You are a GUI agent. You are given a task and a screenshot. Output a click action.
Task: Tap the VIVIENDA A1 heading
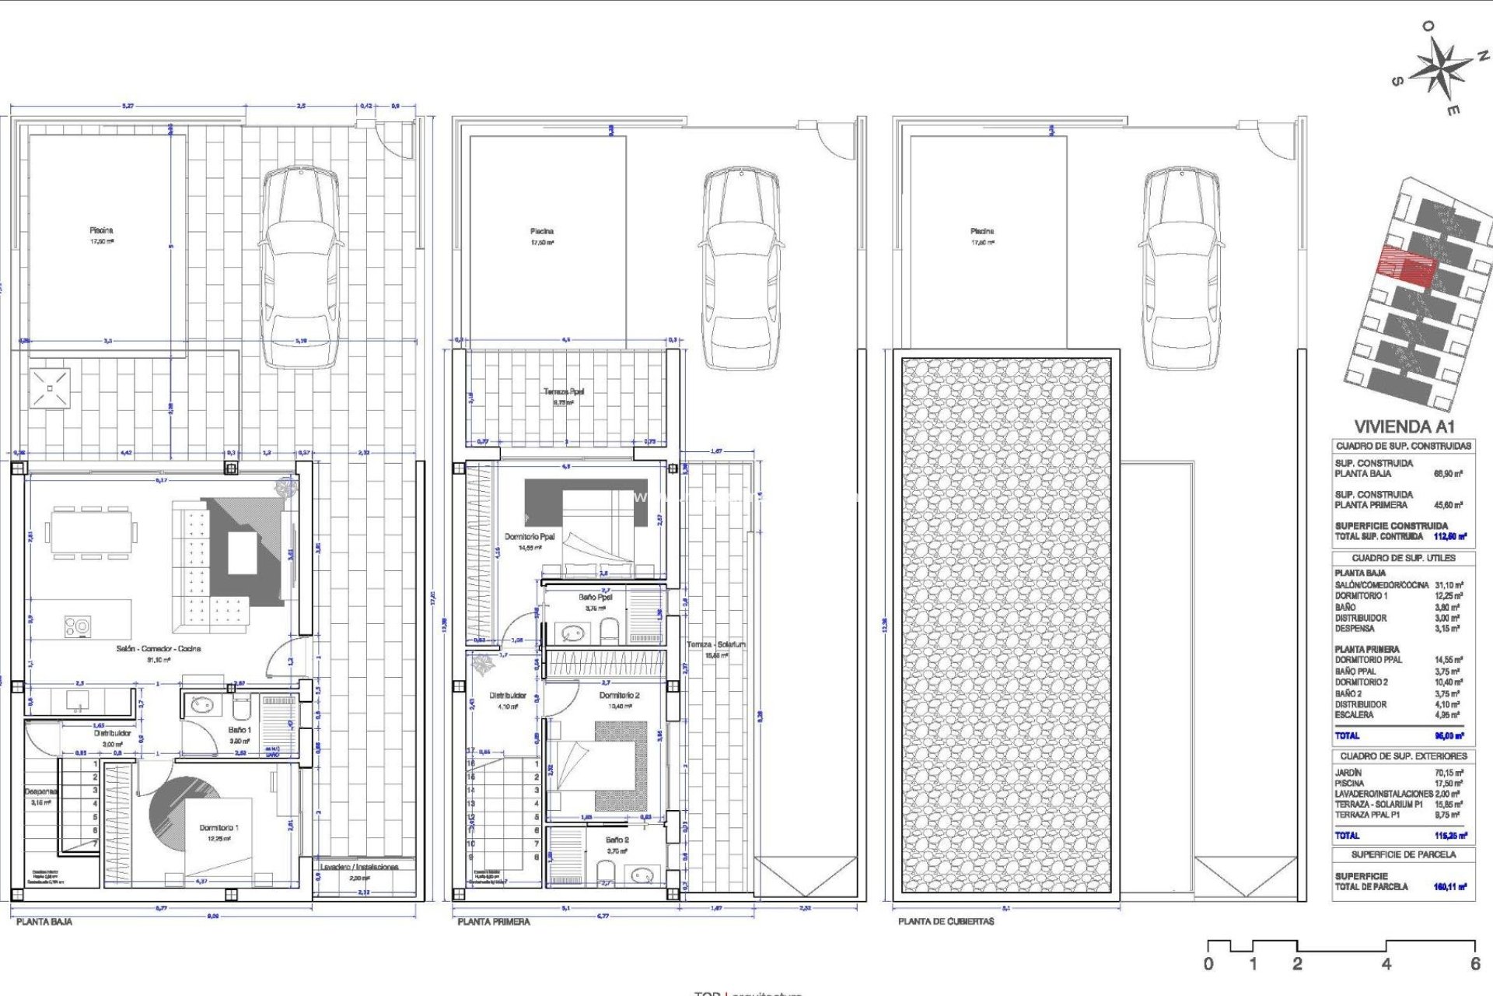[1404, 426]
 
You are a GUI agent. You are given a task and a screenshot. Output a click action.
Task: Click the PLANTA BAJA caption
[44, 921]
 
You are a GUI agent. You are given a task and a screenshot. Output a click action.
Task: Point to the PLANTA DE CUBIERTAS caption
[946, 921]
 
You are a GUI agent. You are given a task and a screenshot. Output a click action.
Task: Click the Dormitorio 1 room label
[219, 828]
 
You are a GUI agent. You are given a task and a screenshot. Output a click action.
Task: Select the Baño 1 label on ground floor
[240, 730]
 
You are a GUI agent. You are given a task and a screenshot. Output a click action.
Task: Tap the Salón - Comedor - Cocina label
[159, 648]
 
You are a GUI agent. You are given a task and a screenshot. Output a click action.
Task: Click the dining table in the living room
[91, 533]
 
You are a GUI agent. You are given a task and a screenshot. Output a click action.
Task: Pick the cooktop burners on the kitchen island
[78, 625]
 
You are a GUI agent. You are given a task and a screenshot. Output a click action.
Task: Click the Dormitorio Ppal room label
[530, 537]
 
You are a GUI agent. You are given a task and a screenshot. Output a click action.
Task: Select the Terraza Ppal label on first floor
[564, 392]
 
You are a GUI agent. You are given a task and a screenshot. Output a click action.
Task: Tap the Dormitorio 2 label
[619, 695]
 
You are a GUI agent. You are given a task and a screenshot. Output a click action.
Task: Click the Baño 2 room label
[617, 840]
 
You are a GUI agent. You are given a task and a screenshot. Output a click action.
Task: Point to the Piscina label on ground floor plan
[101, 230]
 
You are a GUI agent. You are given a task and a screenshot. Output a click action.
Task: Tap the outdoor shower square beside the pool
[50, 388]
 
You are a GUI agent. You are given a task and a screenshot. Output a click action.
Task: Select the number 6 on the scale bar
[1474, 964]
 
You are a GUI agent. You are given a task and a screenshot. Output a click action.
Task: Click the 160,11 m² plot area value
[1449, 886]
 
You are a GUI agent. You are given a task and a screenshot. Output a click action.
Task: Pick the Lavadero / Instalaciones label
[359, 867]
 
